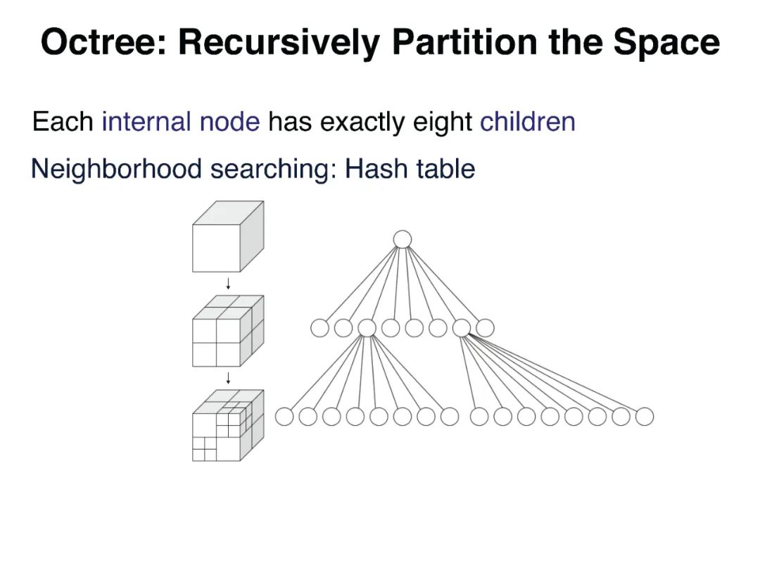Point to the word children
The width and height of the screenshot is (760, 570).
(528, 122)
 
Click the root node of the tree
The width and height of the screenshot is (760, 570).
(402, 239)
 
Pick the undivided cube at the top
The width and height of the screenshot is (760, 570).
(228, 237)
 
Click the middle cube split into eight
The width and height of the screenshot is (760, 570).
(228, 331)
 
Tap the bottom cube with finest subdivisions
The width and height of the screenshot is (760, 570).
(228, 426)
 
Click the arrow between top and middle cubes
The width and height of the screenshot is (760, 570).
(228, 284)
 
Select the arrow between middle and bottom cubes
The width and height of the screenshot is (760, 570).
(228, 379)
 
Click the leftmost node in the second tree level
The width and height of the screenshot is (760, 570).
(319, 328)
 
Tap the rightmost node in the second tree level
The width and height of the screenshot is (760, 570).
(485, 328)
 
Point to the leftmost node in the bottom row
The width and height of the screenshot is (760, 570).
(284, 417)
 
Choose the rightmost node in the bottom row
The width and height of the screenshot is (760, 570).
(645, 417)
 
